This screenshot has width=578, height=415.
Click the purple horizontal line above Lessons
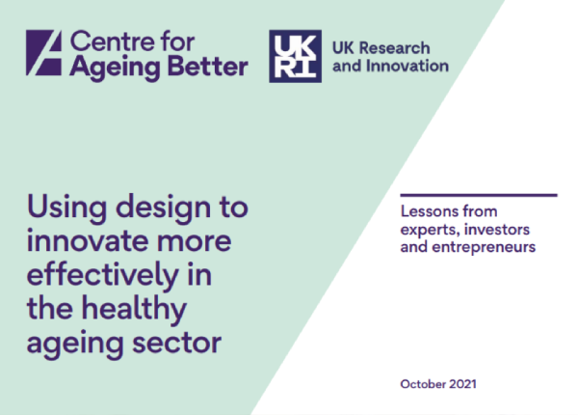(x=477, y=194)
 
